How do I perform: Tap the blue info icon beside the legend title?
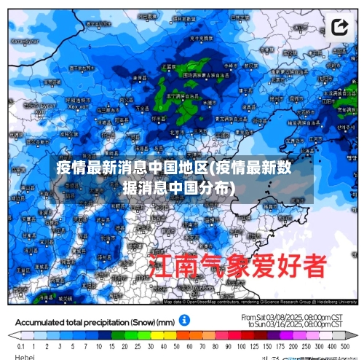pos(185,320)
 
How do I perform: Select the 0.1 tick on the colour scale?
pos(20,348)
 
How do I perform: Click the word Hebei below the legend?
pos(25,357)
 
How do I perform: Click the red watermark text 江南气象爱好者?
pos(237,267)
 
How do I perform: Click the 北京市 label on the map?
pos(177,133)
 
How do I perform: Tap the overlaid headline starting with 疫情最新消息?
pos(175,177)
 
